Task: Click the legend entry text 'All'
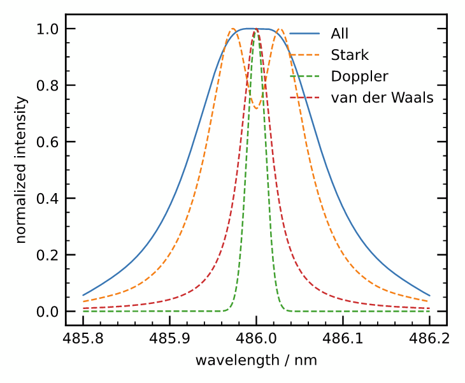point(340,34)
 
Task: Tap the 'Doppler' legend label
point(359,76)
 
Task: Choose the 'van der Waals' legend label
point(382,98)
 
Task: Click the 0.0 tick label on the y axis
point(48,312)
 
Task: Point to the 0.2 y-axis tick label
point(48,255)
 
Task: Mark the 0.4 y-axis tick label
point(48,199)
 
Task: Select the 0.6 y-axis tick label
point(48,142)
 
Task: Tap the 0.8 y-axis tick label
point(48,85)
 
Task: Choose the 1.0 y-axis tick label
point(48,29)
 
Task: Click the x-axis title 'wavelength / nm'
point(256,360)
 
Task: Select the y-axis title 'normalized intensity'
point(22,170)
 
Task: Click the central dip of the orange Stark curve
point(256,108)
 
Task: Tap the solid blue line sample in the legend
point(304,34)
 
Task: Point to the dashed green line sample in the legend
point(304,76)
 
